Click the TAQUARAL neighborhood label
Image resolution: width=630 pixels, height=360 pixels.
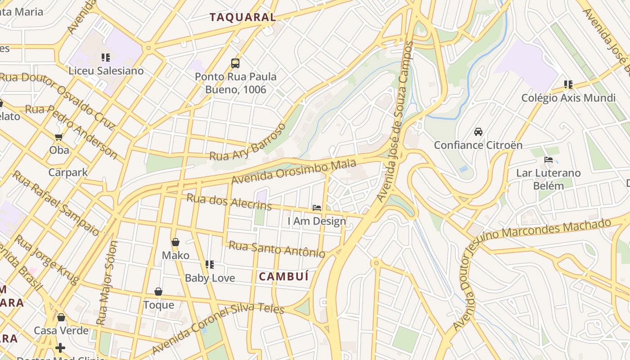point(243,18)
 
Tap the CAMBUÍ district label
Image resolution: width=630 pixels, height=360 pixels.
point(284,276)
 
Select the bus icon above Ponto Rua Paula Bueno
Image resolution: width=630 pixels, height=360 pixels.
point(235,63)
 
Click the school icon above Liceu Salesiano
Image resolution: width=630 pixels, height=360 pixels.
point(106,57)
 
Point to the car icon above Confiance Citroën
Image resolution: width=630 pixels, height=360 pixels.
point(478,132)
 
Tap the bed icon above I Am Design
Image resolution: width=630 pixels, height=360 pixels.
point(317,207)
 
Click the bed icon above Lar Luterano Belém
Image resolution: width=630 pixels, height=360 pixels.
point(548,160)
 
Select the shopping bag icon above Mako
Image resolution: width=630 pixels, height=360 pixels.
point(175,242)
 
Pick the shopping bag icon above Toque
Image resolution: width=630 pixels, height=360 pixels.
point(158,292)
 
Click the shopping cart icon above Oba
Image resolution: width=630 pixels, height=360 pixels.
point(59,136)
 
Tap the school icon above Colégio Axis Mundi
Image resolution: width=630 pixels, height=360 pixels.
point(568,84)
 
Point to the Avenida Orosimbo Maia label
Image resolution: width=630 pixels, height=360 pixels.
point(293,171)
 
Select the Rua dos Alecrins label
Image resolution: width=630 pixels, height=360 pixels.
point(229,202)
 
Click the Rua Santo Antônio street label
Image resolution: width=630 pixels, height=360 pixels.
point(277,249)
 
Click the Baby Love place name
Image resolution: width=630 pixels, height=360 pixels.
point(210,278)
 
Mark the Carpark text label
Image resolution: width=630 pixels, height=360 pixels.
point(68,172)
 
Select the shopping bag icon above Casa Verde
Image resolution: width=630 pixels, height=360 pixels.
point(61,317)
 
